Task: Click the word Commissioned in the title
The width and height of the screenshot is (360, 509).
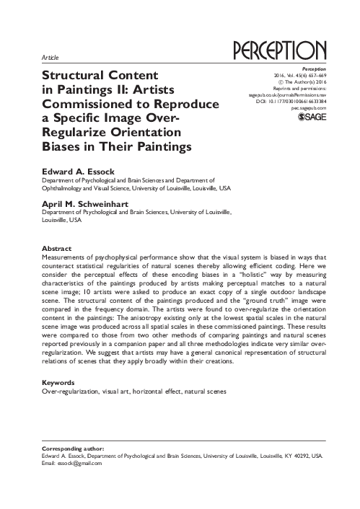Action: [84, 104]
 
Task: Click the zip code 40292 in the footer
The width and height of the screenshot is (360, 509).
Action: [302, 456]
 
